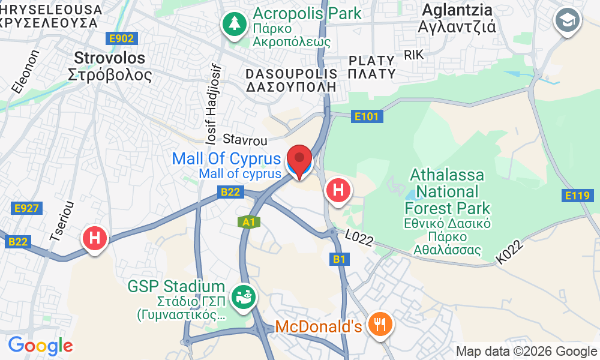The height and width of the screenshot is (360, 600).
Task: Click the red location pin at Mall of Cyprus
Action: pyautogui.click(x=299, y=158)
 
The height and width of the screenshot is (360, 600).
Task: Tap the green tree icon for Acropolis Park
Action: pyautogui.click(x=232, y=24)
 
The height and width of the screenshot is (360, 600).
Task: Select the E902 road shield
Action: pyautogui.click(x=123, y=38)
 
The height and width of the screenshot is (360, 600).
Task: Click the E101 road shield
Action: pyautogui.click(x=366, y=116)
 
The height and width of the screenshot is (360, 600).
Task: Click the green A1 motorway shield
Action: pyautogui.click(x=249, y=222)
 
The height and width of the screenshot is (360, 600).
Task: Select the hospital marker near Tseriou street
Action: pyautogui.click(x=94, y=238)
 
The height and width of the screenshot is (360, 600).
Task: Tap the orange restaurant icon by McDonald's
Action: pyautogui.click(x=379, y=324)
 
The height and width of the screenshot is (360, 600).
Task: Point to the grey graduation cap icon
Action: pyautogui.click(x=566, y=21)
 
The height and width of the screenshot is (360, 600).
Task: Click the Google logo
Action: pyautogui.click(x=40, y=346)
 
